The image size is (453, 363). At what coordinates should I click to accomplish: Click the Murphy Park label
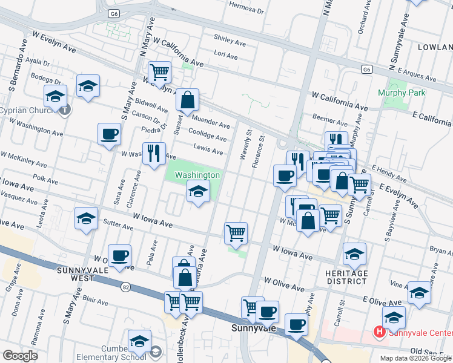[x=402, y=93]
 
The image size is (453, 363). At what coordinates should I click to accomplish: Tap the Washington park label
[x=197, y=175]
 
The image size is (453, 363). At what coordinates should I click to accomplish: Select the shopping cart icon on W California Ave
[x=159, y=73]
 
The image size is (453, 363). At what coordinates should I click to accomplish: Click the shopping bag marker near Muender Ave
[x=188, y=99]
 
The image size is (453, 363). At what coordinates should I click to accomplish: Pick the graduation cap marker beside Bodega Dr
[x=88, y=87]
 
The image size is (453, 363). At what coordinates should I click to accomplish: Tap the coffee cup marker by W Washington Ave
[x=109, y=134]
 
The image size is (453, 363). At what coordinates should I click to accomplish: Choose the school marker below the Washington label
[x=198, y=192]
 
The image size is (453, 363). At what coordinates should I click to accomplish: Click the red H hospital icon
[x=380, y=332]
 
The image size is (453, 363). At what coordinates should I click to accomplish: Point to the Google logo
[x=20, y=356]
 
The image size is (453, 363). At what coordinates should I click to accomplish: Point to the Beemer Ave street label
[x=330, y=118]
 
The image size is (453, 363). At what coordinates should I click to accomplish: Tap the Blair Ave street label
[x=95, y=301]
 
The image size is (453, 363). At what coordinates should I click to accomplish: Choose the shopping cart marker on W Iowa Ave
[x=235, y=232]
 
